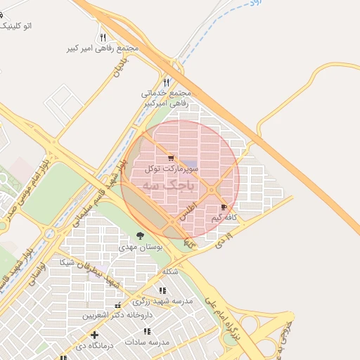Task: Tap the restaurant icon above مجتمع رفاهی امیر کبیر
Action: [103, 37]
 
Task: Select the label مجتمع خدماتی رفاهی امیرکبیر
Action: [166, 98]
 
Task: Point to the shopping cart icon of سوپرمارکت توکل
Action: [171, 158]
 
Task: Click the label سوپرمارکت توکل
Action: [172, 169]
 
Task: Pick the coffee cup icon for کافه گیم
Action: [224, 207]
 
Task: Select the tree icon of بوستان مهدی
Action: [140, 236]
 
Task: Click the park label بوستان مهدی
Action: [141, 247]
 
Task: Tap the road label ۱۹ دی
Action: [222, 243]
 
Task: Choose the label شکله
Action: [171, 271]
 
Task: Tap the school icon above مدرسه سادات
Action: [147, 331]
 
